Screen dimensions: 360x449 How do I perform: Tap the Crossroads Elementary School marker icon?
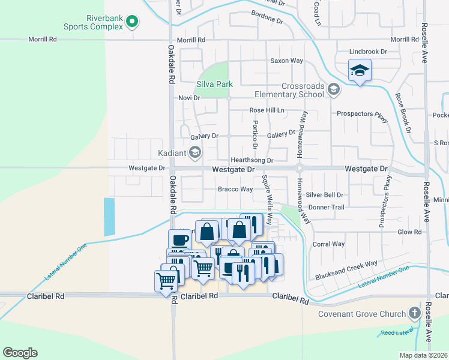334,90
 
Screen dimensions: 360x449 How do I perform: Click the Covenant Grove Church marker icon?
414,313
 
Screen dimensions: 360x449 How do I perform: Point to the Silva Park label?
214,85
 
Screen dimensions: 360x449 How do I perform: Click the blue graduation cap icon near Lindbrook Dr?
360,71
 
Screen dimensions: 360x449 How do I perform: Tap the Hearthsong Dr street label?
252,161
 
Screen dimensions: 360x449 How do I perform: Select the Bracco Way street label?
235,190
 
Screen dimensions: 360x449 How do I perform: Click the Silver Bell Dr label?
324,195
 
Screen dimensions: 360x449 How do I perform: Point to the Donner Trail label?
326,207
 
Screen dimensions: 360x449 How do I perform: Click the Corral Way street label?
329,244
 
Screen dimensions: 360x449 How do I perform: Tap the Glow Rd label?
410,232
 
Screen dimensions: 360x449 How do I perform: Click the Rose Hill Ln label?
267,111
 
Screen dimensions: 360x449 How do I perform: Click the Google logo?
20,353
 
